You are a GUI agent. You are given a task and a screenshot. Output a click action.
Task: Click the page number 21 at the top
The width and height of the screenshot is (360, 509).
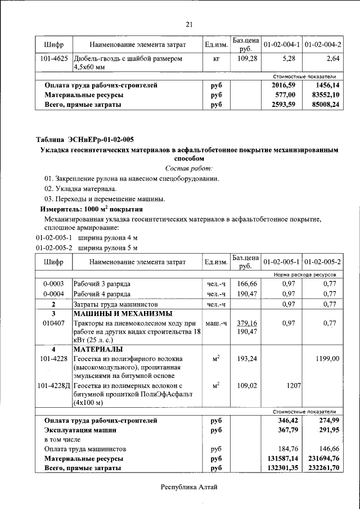[x=189, y=24]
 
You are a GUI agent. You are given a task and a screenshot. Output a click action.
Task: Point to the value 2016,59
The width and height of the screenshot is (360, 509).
[x=284, y=85]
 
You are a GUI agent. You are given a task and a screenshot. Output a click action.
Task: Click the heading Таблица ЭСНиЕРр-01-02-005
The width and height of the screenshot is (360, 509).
[x=85, y=139]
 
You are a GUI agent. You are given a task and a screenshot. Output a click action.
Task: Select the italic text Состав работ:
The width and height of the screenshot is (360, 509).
[x=189, y=169]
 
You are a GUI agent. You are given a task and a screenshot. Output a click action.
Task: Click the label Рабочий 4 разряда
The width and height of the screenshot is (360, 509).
[x=102, y=294]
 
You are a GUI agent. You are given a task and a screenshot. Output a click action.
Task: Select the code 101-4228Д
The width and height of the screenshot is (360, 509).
[x=54, y=386]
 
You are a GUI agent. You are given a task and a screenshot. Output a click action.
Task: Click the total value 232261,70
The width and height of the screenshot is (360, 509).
[x=322, y=468]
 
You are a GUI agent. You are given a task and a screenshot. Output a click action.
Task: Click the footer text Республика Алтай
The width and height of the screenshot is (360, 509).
[x=189, y=487]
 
